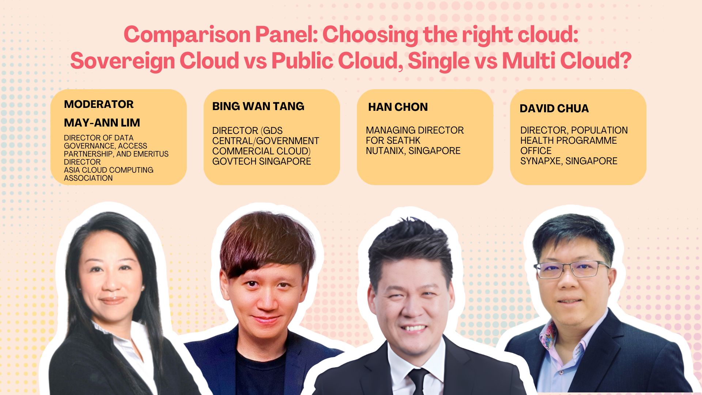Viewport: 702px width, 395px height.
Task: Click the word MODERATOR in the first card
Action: coord(99,104)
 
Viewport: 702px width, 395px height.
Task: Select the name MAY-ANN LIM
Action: coord(102,123)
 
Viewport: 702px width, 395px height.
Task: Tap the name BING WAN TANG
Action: coord(258,106)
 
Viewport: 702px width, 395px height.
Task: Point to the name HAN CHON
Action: coord(398,107)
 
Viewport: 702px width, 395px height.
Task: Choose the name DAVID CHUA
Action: coord(554,109)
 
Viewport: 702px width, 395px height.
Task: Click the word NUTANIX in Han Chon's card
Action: coord(384,151)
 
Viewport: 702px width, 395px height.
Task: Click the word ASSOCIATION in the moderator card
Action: coord(88,178)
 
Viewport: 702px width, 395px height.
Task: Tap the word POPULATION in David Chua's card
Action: coord(600,130)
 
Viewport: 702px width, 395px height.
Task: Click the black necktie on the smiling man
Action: coord(418,380)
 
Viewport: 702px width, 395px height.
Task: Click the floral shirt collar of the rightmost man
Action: coord(548,335)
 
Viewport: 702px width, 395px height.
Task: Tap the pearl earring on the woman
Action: coord(142,289)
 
